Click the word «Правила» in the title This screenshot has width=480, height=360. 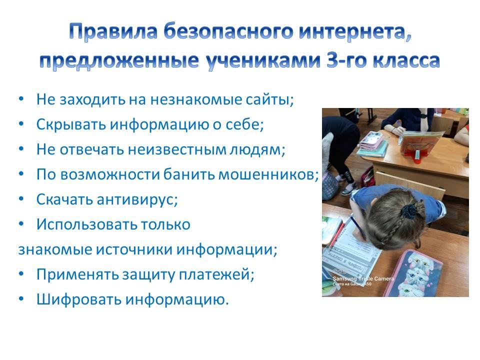[x=113, y=31]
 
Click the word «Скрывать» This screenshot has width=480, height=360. [x=71, y=125]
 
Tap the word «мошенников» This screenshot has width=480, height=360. [x=268, y=175]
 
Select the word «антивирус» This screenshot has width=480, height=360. [x=137, y=200]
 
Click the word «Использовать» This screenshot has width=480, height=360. [x=86, y=224]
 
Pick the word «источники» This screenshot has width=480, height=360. [x=134, y=249]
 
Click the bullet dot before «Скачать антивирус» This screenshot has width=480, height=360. [x=21, y=199]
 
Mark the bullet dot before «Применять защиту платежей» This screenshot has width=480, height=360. [x=21, y=274]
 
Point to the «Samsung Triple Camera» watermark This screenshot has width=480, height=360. [x=363, y=278]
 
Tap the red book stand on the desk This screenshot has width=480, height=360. [x=419, y=147]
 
